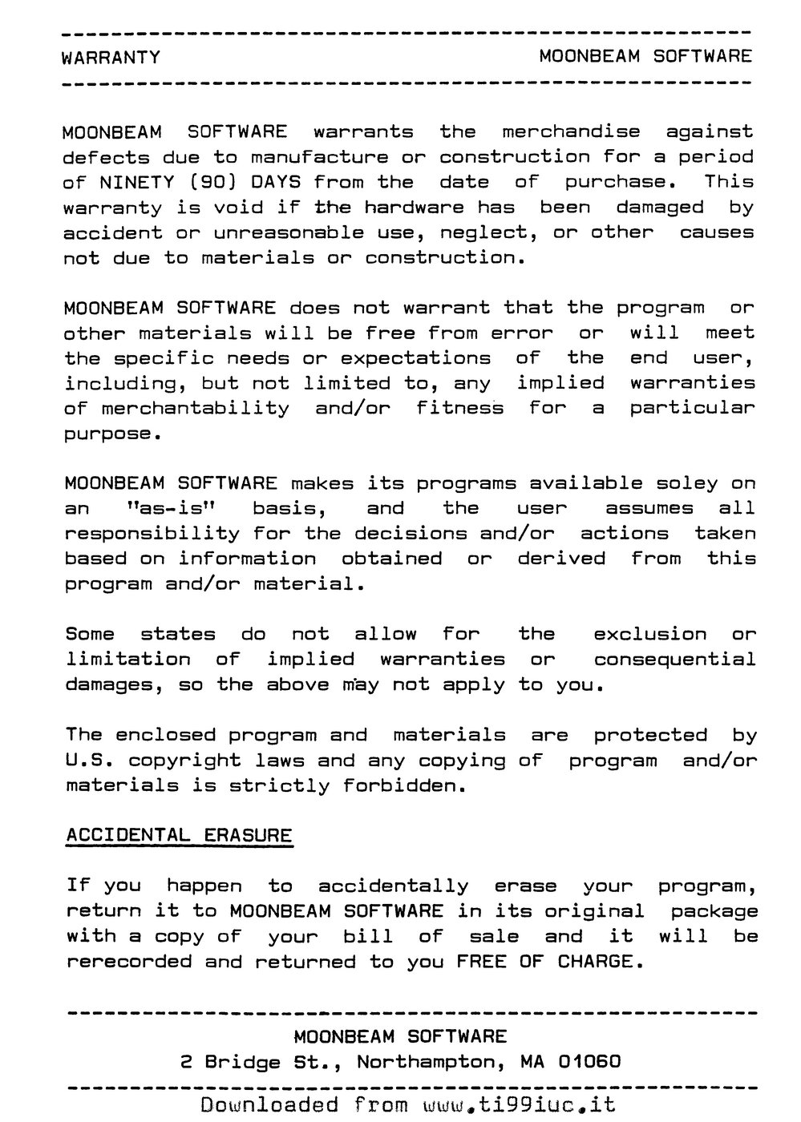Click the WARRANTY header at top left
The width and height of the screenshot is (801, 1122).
pos(111,58)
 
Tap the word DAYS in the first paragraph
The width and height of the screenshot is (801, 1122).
pos(276,182)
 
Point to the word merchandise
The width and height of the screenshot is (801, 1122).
pos(571,131)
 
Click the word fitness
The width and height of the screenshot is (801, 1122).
pos(459,408)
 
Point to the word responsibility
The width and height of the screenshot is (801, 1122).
pos(152,534)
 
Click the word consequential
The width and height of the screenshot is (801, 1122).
pos(674,660)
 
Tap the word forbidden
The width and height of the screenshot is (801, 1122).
pos(404,785)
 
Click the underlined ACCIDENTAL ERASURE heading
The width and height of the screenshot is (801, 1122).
pos(179,835)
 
